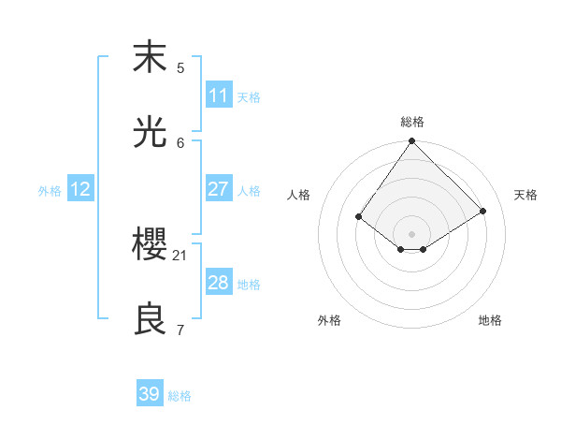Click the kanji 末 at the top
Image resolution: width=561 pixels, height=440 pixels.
click(150, 58)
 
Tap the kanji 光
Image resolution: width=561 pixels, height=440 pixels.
click(150, 133)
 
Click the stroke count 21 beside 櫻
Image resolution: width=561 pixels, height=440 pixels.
click(180, 255)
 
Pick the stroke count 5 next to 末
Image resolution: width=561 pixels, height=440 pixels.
click(180, 67)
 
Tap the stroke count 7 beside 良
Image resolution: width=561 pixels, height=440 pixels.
click(180, 330)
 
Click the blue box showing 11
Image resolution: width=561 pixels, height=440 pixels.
click(218, 95)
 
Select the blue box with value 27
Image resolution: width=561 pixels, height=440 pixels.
click(218, 189)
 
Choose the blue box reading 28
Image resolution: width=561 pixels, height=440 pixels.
click(218, 283)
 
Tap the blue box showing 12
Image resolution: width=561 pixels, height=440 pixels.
click(80, 189)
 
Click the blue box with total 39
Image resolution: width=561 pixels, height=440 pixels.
click(150, 394)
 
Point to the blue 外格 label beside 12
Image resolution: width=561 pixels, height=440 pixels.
click(50, 191)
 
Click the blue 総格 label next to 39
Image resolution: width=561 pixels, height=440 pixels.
click(180, 396)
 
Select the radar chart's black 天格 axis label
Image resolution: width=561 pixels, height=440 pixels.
click(525, 195)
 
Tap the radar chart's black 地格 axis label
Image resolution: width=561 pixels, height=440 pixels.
click(490, 320)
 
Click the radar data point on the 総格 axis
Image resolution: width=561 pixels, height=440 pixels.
click(411, 142)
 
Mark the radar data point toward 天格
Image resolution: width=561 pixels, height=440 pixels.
click(483, 211)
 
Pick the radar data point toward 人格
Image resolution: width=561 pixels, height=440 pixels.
click(359, 217)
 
